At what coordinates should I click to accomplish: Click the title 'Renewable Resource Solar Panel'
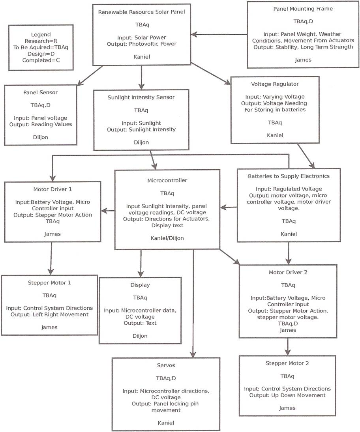click(141, 12)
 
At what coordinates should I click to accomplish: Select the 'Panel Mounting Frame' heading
click(303, 9)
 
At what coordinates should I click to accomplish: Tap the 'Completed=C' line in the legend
click(41, 60)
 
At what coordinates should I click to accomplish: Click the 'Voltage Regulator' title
click(275, 84)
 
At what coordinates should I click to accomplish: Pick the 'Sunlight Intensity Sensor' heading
click(141, 97)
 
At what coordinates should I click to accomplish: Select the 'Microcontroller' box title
click(167, 181)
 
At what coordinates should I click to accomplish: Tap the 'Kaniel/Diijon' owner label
click(167, 238)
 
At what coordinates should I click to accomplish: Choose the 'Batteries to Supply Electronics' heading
click(289, 176)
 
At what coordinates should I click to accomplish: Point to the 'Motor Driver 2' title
click(288, 272)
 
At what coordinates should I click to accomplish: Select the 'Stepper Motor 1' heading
click(49, 283)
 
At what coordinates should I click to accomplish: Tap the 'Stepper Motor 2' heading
click(287, 363)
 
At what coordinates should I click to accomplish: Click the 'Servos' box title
click(166, 365)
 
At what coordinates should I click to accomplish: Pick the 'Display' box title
click(140, 285)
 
